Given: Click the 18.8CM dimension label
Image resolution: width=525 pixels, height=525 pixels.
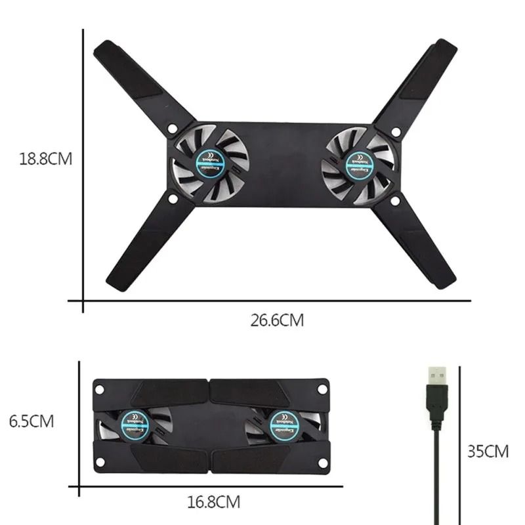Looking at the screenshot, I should coord(44,159).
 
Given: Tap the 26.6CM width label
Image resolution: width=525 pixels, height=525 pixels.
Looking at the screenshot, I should coord(277,321).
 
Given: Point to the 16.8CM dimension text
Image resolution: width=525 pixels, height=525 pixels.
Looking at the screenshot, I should coord(213,503).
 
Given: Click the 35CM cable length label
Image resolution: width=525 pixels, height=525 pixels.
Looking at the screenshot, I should coord(488,451).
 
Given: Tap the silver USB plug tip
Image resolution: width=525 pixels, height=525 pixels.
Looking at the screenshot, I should coord(437,376).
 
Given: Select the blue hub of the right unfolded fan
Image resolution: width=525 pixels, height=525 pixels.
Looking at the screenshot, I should coord(361,163).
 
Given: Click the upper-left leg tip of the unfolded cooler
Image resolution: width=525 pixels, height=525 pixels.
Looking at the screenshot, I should coord(105,51).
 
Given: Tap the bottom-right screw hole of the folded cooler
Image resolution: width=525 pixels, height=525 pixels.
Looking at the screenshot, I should coord(322,463).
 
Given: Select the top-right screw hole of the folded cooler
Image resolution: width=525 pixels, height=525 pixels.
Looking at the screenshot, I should coord(322,388).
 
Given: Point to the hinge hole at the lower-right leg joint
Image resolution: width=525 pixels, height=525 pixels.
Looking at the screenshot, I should coord(395,200).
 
